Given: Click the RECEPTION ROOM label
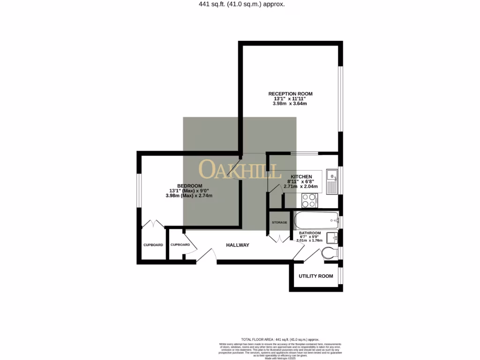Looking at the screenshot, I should [x=290, y=94].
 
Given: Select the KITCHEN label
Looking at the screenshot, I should [x=300, y=177].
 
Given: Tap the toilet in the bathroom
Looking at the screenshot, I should [x=330, y=254].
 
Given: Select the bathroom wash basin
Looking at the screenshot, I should [x=333, y=237].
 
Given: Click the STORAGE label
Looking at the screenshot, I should [x=279, y=222].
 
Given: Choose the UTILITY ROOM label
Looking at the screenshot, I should [x=316, y=276].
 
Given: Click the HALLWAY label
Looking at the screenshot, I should [x=238, y=245].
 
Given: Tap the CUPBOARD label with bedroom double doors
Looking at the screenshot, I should [x=153, y=245].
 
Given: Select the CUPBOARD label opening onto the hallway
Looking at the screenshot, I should [x=180, y=245].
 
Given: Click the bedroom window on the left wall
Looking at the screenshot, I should [x=138, y=190].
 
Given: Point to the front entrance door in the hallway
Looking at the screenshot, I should [x=207, y=256].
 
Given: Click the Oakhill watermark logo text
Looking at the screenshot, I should [x=240, y=170].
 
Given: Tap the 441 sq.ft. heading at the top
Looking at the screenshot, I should [x=240, y=4].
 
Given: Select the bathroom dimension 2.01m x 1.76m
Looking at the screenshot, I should [x=310, y=240].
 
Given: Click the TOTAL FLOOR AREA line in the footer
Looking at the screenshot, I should [x=280, y=339].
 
